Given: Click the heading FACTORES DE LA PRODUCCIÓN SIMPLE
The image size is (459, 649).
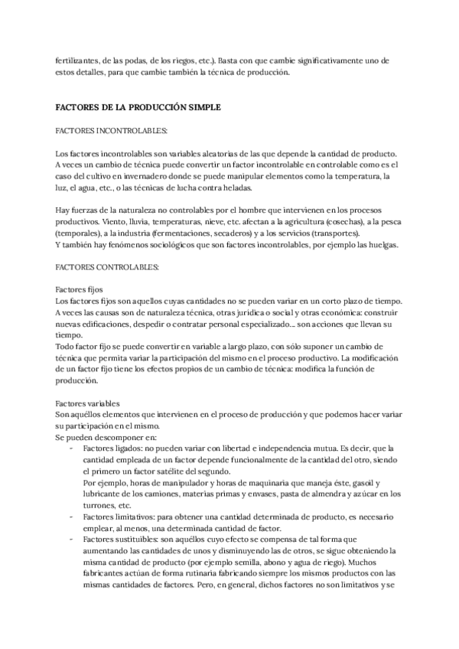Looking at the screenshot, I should pos(138,108).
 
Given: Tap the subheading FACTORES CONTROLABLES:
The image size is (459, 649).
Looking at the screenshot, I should pos(107,267).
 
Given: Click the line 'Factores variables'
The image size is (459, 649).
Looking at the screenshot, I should pos(87,404).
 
